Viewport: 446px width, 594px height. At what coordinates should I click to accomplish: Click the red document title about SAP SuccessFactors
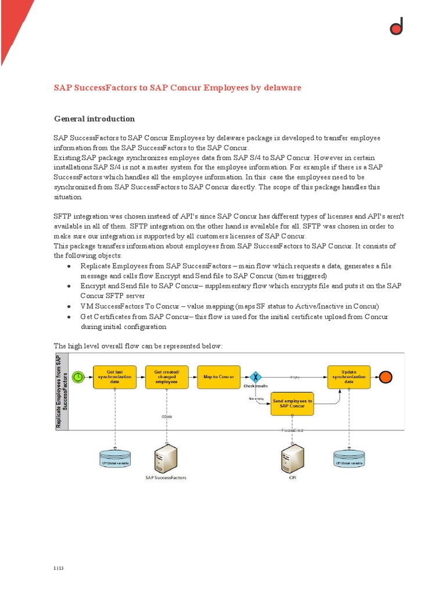(178, 88)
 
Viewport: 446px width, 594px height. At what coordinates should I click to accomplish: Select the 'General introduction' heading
(94, 119)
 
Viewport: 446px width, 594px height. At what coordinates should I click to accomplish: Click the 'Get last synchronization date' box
(115, 377)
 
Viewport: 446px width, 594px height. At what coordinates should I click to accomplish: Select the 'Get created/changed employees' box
(167, 377)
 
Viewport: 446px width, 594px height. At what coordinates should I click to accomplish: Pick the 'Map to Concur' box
(218, 377)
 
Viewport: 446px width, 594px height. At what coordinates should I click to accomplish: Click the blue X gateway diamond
(254, 377)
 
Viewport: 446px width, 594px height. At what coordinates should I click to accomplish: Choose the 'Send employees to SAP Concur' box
(293, 404)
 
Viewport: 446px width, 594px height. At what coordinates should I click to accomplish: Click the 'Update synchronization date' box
(348, 377)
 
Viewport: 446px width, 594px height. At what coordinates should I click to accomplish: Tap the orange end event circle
(386, 377)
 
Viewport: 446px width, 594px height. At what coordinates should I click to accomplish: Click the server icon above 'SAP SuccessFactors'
(166, 458)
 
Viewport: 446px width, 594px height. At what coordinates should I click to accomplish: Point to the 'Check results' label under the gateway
(256, 386)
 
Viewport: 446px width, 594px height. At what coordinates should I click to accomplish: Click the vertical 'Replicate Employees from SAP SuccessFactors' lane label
(62, 392)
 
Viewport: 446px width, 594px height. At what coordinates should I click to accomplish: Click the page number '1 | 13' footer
(58, 568)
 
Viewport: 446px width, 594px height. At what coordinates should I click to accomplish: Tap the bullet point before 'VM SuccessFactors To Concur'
(69, 306)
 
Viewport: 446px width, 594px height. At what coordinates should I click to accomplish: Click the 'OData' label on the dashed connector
(167, 416)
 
